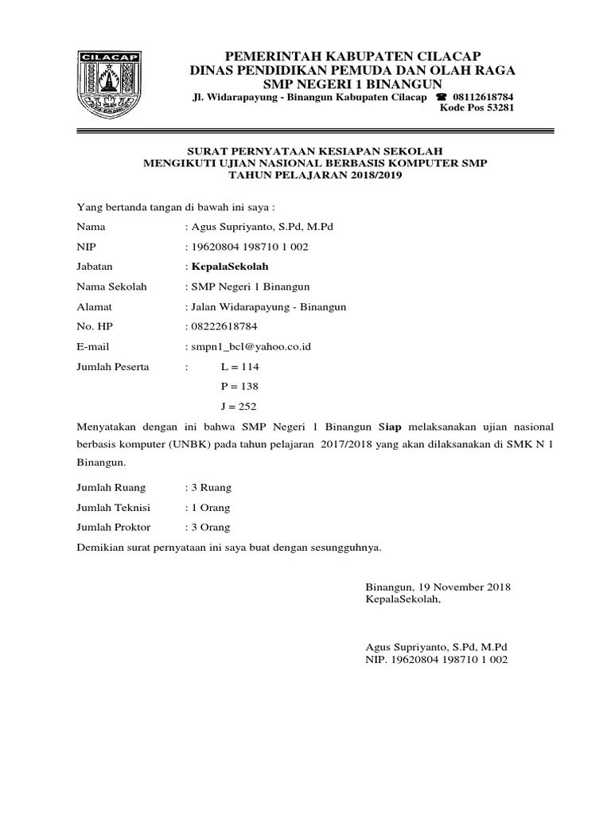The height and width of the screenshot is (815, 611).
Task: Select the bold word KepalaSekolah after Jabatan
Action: point(225,267)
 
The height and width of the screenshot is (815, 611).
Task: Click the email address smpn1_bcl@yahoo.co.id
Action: point(249,347)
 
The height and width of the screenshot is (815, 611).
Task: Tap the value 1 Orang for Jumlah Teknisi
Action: point(210,507)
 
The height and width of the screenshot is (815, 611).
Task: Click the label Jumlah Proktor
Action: point(113,527)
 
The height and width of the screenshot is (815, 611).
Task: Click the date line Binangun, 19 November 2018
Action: point(438,587)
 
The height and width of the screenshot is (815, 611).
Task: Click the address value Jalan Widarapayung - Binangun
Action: point(267,306)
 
